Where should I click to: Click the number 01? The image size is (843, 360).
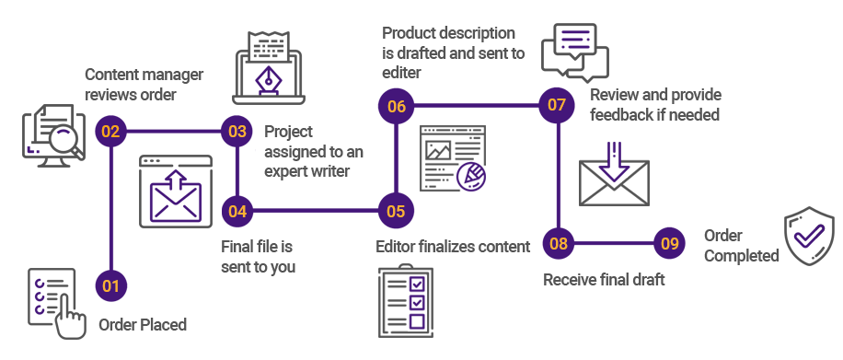(x=110, y=286)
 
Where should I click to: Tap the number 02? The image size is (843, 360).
(x=110, y=132)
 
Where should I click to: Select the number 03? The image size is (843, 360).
(x=237, y=132)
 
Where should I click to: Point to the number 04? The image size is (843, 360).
(x=237, y=212)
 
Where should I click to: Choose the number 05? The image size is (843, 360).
(x=396, y=212)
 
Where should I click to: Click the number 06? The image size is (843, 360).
(x=397, y=107)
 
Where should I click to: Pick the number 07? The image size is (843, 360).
(x=557, y=105)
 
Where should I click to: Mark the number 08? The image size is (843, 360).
(x=559, y=244)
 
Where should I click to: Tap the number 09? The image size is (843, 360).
(x=671, y=244)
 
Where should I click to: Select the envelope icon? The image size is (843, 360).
(x=614, y=182)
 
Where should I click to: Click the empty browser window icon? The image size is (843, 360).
(x=176, y=191)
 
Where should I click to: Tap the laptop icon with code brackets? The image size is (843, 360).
(x=269, y=70)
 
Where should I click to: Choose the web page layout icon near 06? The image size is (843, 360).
(x=452, y=157)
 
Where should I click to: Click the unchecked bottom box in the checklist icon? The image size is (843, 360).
(x=416, y=321)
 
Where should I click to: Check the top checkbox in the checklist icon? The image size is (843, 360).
(x=416, y=282)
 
